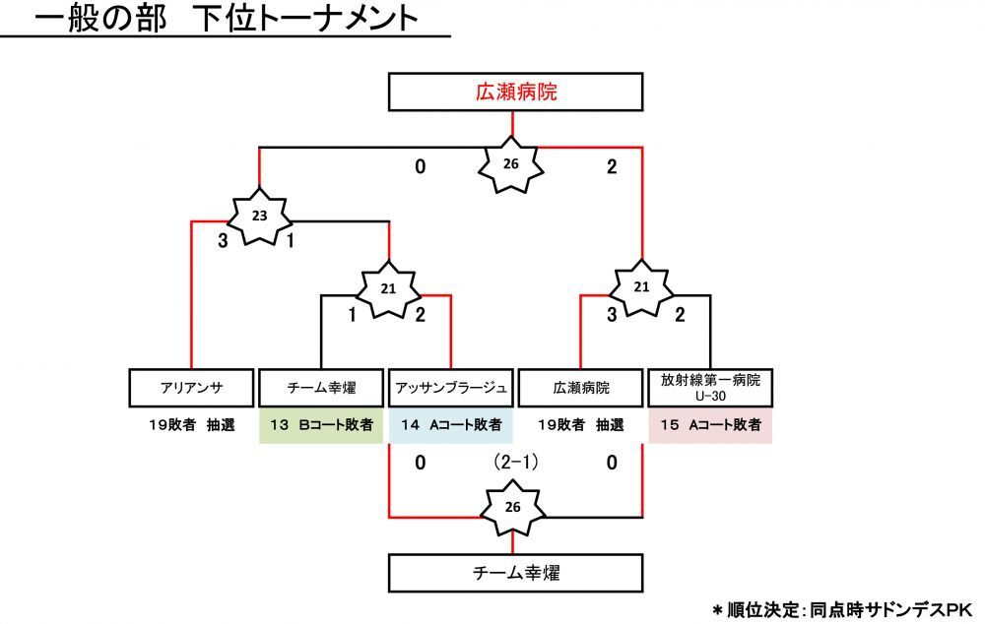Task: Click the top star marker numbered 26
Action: pos(510,163)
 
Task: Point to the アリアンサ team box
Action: pos(190,388)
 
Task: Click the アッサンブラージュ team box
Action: pos(450,388)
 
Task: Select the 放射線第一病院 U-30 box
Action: pos(710,388)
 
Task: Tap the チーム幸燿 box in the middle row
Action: pos(320,388)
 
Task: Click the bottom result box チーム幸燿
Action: pos(516,572)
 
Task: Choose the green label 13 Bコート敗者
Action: pos(320,426)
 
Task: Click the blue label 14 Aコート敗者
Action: pos(450,426)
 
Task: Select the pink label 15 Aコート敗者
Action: pos(710,426)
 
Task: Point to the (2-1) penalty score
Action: pos(514,462)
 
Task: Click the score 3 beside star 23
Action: pos(224,241)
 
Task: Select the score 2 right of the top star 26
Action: pos(612,167)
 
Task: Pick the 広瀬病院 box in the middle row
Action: pos(580,388)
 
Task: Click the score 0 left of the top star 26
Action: pos(420,167)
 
